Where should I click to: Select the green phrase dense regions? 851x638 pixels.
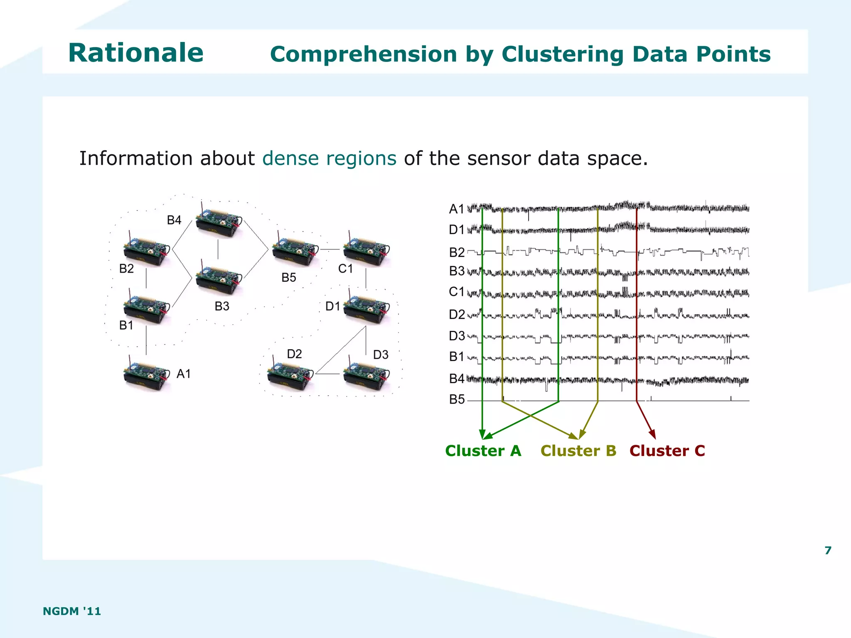coord(329,158)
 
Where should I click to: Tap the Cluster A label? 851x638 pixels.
coord(483,451)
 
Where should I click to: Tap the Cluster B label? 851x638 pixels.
coord(578,451)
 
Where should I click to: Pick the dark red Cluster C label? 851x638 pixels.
coord(667,451)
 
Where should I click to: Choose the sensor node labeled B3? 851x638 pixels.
coord(218,278)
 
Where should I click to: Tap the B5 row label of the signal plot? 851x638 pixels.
coord(457,399)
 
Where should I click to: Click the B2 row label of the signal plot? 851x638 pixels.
coord(457,252)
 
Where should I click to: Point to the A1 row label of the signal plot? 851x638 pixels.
coord(456,209)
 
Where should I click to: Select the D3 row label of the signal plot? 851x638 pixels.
coord(457,336)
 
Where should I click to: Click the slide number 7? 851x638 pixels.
coord(828,550)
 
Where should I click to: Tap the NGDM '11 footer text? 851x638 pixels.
coord(72,611)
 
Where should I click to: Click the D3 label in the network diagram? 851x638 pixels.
coord(381,355)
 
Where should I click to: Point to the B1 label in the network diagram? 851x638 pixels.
coord(126,325)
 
